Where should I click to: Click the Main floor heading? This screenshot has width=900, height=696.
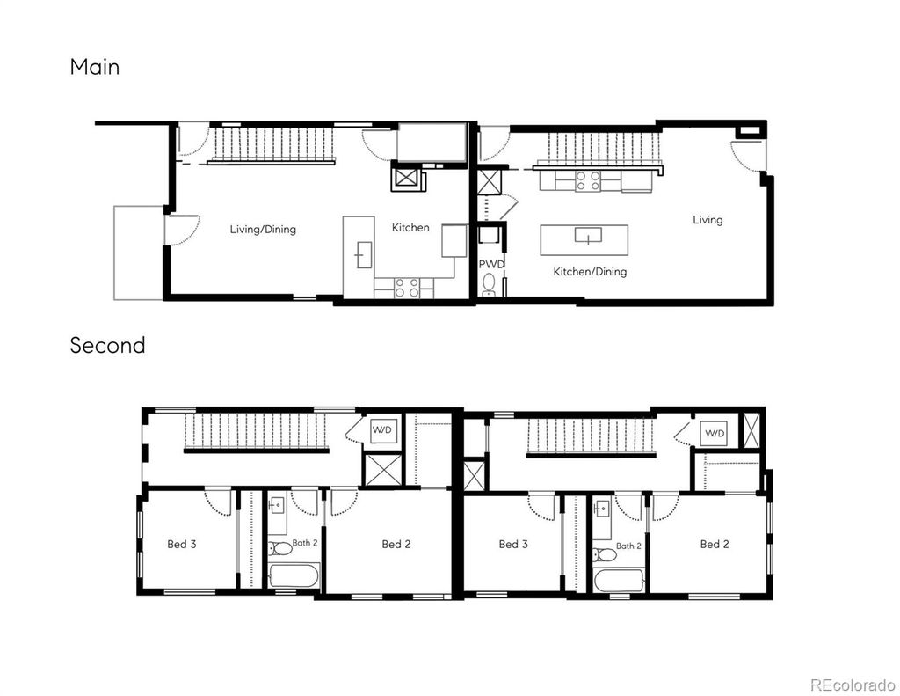click(95, 67)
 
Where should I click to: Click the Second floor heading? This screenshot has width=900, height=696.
click(108, 346)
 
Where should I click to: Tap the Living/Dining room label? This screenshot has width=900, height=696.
click(263, 230)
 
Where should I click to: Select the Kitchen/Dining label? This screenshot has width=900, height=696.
click(590, 272)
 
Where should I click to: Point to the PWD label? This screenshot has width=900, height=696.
click(490, 264)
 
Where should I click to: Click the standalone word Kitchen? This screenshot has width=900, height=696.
click(410, 228)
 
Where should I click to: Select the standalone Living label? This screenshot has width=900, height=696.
click(708, 220)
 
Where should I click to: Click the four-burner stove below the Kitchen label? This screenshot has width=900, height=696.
click(405, 287)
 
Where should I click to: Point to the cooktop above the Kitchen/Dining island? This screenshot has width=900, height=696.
click(587, 181)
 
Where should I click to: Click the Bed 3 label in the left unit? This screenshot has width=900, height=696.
click(182, 545)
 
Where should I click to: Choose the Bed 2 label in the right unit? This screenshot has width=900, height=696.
click(715, 545)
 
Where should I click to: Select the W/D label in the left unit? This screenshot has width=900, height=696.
click(382, 431)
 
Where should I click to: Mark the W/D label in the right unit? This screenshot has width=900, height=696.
click(715, 434)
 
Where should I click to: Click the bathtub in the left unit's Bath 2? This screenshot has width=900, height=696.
click(294, 576)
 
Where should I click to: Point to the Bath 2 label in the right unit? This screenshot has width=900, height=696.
click(628, 546)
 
